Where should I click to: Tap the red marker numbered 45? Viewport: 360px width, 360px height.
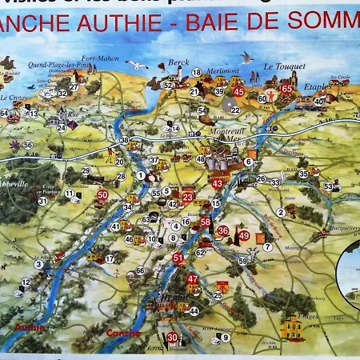coord(238,92)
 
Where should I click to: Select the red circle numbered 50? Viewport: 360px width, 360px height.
coord(102,194)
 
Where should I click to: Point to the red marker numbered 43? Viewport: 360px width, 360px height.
coord(217,183)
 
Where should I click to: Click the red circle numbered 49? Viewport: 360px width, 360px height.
coord(244,235)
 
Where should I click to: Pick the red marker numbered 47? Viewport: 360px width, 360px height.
coord(192,279)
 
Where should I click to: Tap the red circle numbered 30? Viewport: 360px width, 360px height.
coord(172,338)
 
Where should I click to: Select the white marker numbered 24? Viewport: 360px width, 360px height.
coord(61,127)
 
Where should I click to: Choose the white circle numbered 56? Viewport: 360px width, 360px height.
coord(28,145)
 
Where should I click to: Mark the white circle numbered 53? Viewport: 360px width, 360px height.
coord(328,186)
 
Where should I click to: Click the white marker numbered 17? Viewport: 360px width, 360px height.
coord(110,258)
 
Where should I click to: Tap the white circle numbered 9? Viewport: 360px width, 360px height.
coord(226,338)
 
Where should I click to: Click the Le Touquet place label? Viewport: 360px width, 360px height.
coord(281,67)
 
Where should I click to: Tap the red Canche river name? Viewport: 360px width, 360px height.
coord(123,333)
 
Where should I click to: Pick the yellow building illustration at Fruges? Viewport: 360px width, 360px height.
coord(292,326)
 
